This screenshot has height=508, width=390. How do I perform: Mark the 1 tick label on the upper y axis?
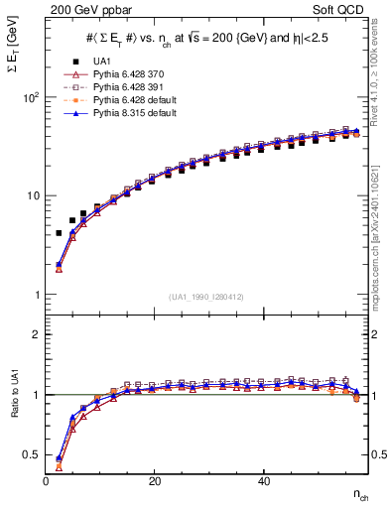[35, 295]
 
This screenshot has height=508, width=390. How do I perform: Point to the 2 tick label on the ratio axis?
[35, 334]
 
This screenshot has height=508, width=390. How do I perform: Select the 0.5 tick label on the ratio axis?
[30, 454]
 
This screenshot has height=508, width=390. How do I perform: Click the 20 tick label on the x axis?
[154, 480]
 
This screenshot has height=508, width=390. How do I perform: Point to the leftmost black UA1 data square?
[59, 233]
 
